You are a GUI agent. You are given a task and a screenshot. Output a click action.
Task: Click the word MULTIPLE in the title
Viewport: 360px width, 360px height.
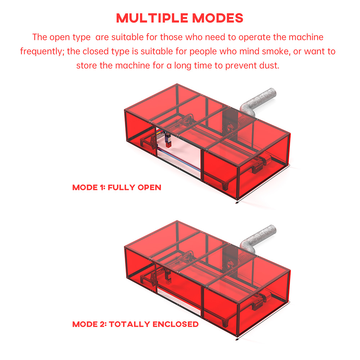click(x=152, y=18)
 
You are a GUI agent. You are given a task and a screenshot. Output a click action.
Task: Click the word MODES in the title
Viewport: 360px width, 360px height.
click(x=218, y=18)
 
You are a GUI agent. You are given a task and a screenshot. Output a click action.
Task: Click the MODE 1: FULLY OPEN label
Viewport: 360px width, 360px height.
click(x=117, y=187)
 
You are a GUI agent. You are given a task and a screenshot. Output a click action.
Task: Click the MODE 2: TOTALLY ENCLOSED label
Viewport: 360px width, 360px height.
click(x=135, y=324)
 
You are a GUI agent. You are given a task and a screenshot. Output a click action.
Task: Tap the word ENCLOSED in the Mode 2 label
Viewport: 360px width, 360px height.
click(x=175, y=324)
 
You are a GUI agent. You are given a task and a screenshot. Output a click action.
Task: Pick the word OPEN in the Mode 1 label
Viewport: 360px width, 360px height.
click(x=149, y=187)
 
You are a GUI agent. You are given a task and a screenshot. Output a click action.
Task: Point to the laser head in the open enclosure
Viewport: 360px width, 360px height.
click(x=168, y=140)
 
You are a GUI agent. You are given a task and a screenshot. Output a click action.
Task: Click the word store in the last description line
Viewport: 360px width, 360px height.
click(x=87, y=66)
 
